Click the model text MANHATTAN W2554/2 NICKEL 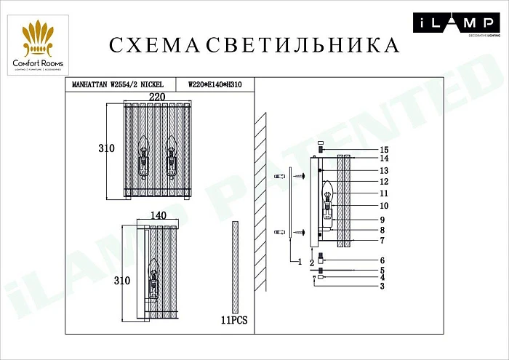119,85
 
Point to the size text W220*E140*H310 215,85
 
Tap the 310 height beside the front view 106,148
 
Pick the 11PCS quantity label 233,319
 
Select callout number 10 384,206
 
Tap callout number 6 380,260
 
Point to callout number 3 380,286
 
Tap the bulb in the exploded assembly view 327,193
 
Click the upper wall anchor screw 279,177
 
